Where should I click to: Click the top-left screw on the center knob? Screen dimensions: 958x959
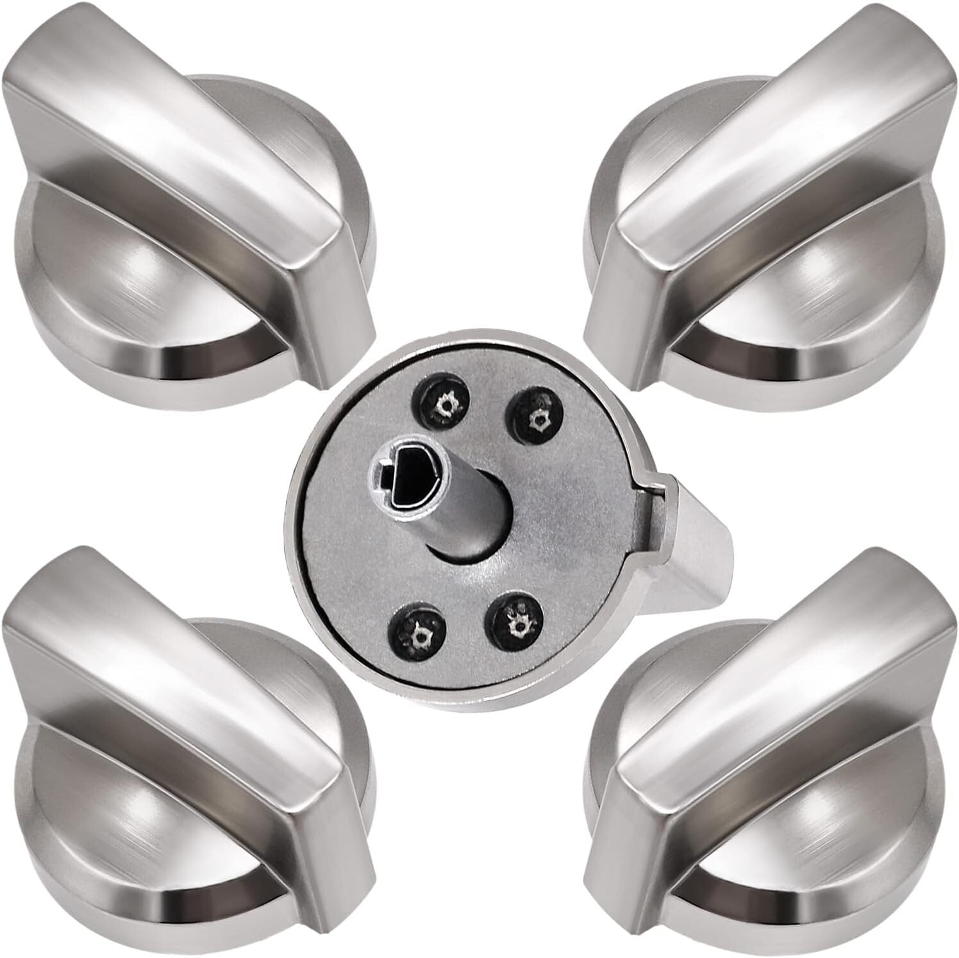pos(442,405)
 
